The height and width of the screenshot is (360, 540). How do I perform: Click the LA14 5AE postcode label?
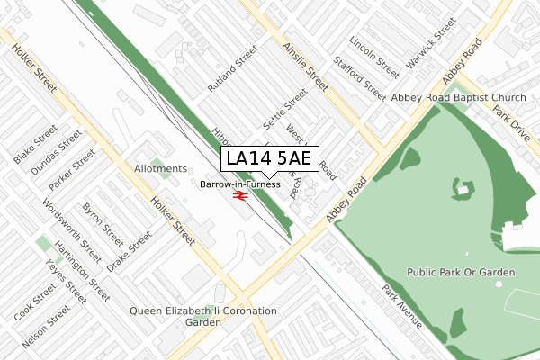coord(269,159)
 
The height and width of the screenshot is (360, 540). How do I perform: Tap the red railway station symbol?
coord(240,194)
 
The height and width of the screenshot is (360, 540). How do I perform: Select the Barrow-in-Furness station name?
coord(240,184)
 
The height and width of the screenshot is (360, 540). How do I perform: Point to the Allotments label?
coord(160,169)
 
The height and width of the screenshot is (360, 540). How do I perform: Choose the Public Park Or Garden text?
coord(461,272)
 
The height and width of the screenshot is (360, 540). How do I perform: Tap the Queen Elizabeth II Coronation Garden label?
coord(203,316)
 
